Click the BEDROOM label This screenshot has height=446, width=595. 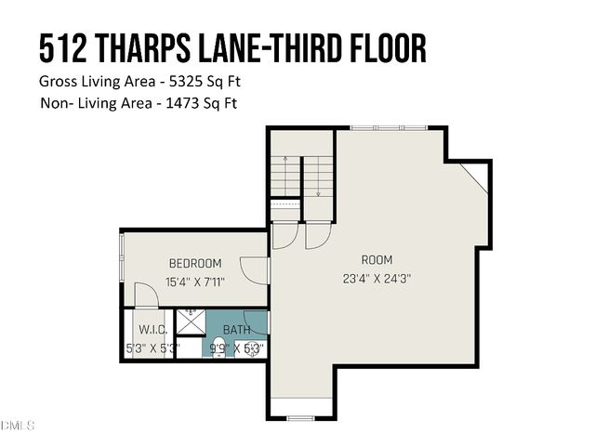[x=194, y=263]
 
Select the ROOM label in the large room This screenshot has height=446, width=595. [x=377, y=259]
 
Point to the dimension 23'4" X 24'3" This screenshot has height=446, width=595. [x=377, y=276]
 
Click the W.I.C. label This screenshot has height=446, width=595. [x=152, y=330]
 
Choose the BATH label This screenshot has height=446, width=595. [x=236, y=330]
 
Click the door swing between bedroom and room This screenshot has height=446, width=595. [x=254, y=270]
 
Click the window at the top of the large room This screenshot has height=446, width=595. [x=389, y=127]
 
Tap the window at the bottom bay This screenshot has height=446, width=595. [x=300, y=417]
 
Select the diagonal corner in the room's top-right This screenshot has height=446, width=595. [x=474, y=177]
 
